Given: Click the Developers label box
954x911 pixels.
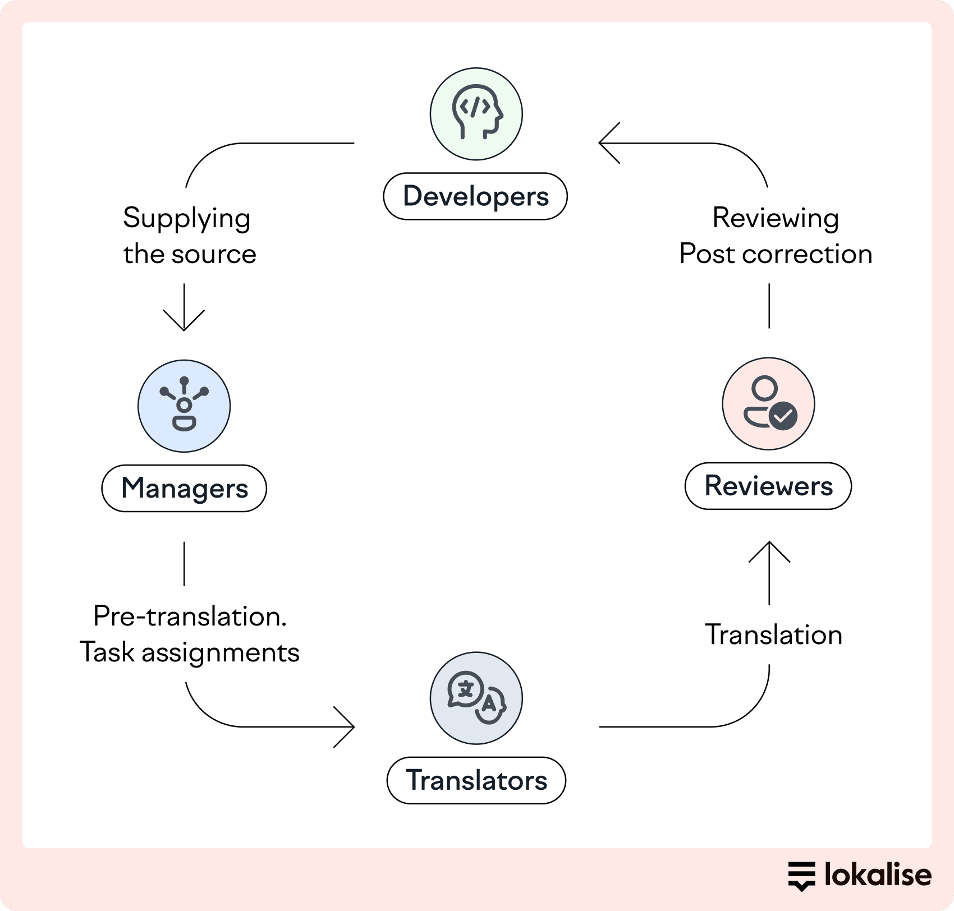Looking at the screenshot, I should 475,196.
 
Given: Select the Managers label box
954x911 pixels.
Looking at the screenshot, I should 184,488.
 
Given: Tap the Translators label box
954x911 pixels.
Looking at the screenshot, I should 476,780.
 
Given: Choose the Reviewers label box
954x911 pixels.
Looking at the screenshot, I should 768,486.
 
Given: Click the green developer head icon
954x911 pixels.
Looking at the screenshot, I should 476,114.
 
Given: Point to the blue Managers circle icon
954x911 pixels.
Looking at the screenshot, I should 184,406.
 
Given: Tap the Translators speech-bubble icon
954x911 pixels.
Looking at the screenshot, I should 476,698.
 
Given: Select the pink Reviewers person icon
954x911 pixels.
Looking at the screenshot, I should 768,403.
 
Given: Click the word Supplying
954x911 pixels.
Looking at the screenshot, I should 186,219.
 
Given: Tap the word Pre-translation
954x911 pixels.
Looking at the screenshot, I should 190,616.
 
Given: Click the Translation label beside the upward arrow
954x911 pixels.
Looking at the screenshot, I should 773,635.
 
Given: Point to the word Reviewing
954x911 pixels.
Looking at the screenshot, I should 776,218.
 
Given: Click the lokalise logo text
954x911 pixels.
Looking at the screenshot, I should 877,875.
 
